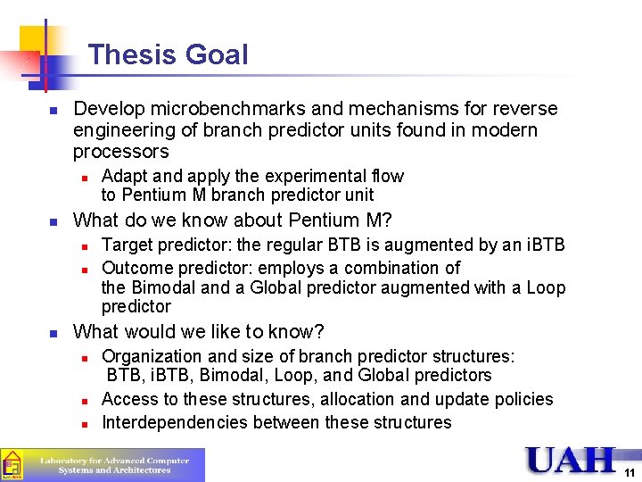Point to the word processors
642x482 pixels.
coord(120,152)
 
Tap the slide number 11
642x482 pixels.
coord(630,473)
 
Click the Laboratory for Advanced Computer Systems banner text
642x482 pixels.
coord(114,465)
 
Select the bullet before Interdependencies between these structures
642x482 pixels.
coord(83,423)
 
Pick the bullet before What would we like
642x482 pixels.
coord(53,333)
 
